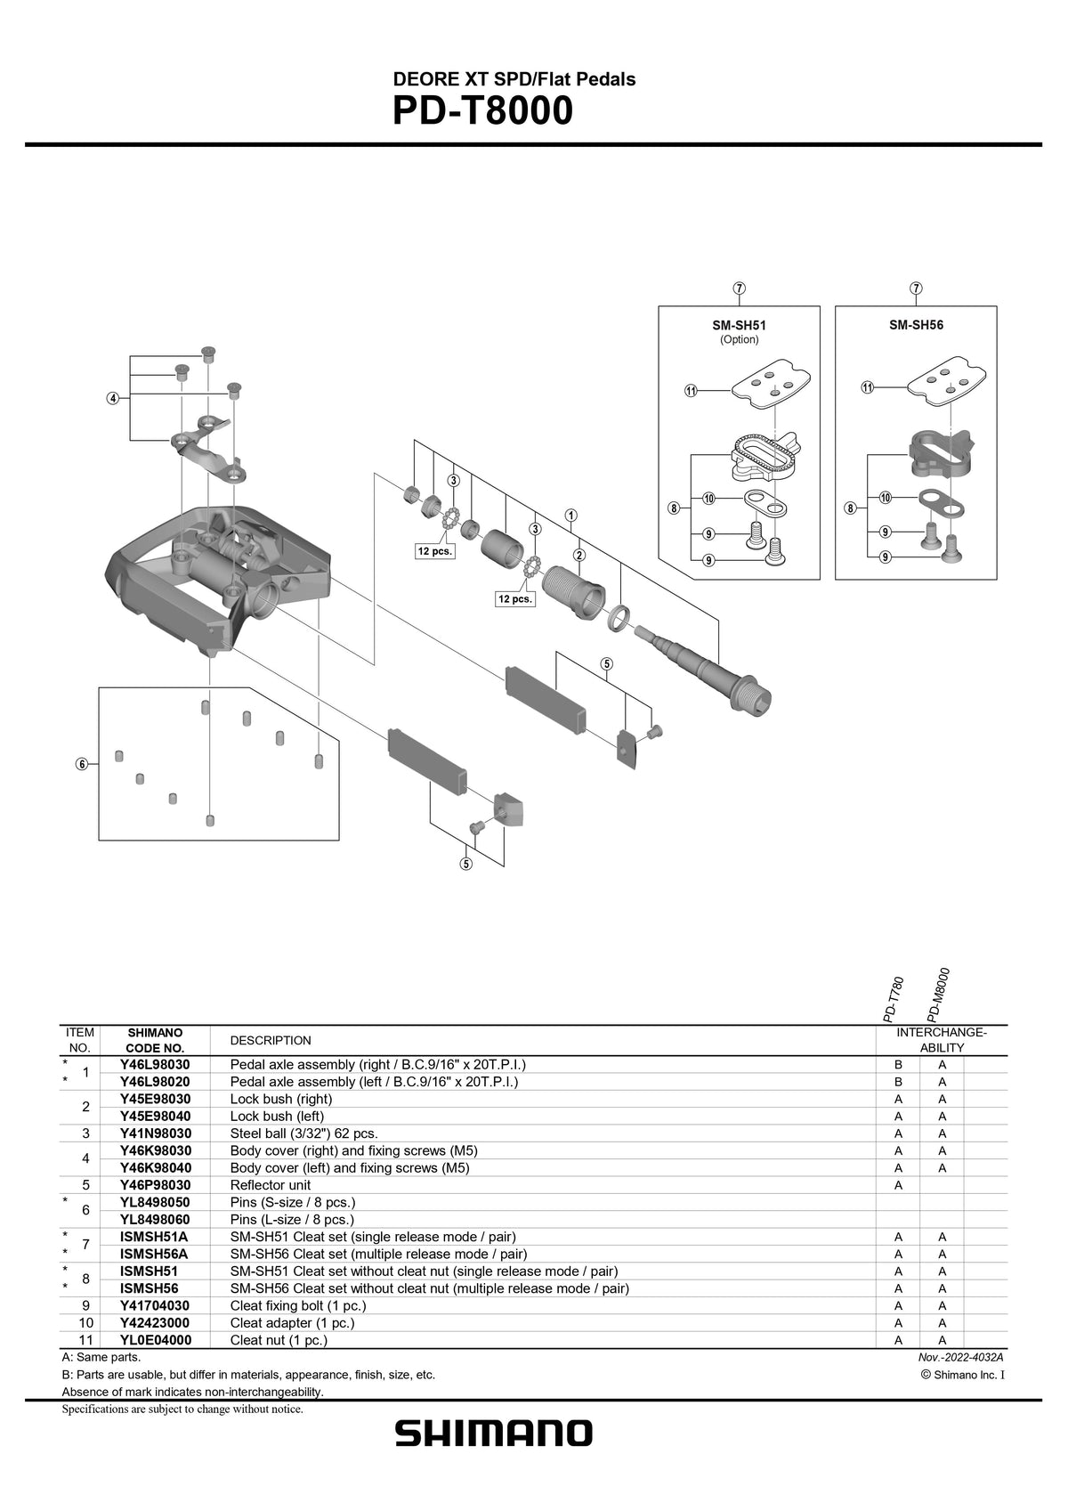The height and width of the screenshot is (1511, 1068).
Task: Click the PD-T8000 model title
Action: click(482, 113)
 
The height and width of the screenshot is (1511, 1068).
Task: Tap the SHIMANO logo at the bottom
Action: click(494, 1434)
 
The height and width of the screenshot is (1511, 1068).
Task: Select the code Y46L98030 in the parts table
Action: click(155, 1065)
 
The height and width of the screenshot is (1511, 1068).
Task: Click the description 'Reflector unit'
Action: click(271, 1185)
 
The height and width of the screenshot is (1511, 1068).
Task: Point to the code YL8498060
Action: click(155, 1220)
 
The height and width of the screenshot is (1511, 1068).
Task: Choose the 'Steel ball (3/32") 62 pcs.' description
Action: click(303, 1133)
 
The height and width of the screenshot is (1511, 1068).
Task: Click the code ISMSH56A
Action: click(153, 1254)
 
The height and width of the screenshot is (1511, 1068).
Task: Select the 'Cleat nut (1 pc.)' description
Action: click(279, 1340)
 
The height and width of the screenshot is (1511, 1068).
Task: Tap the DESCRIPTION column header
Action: click(271, 1040)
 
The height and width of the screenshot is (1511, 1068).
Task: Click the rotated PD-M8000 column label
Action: click(939, 995)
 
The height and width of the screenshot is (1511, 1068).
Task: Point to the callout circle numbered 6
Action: click(82, 764)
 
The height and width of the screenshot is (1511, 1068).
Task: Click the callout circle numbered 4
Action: click(113, 398)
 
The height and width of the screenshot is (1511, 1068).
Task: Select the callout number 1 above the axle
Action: click(570, 515)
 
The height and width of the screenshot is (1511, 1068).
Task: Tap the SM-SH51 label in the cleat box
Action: click(739, 326)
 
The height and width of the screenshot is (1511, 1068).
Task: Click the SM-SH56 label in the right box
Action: click(916, 325)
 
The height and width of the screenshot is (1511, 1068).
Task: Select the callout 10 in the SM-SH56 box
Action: click(886, 498)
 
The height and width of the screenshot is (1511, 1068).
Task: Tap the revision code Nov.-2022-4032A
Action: click(960, 1357)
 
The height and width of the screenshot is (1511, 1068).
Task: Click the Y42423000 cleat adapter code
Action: click(155, 1323)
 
